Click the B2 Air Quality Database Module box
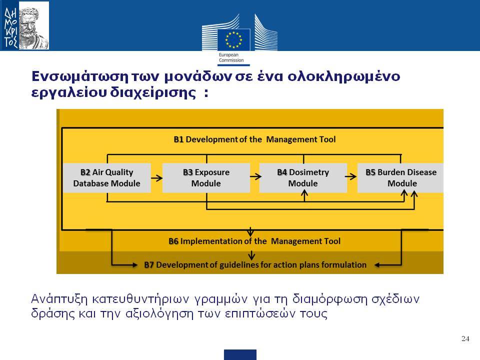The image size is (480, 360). click(107, 178)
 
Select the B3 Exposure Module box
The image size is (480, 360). click(206, 178)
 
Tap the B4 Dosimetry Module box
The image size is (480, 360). click(303, 178)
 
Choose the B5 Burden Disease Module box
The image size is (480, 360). click(400, 178)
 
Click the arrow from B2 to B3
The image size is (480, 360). click(156, 178)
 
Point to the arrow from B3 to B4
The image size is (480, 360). click(255, 176)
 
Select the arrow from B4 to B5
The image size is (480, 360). click(351, 176)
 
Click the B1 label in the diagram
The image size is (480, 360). click(178, 139)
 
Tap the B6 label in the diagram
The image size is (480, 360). click(173, 241)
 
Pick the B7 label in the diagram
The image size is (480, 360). click(149, 265)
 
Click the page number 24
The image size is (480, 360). click(465, 338)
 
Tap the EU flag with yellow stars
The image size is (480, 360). click(233, 39)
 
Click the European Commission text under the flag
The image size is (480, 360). click(231, 57)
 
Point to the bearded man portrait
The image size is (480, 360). click(33, 26)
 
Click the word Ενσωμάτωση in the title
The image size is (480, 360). click(80, 76)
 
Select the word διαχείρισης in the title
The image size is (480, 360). click(153, 92)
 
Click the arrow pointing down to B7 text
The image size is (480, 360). click(251, 255)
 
